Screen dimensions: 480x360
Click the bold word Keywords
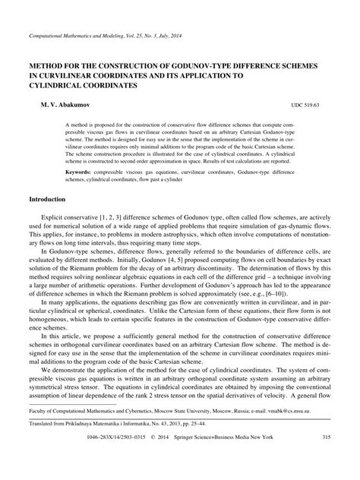(x=83, y=172)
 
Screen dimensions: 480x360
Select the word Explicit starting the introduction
(x=58, y=216)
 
